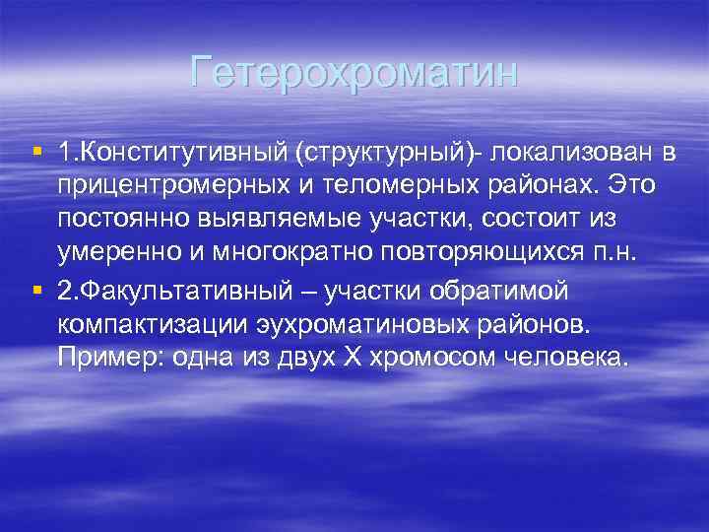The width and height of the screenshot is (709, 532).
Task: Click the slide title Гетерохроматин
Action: tap(354, 73)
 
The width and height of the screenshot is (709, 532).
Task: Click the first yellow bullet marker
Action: tap(36, 153)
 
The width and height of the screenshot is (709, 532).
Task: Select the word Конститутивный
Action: tap(171, 154)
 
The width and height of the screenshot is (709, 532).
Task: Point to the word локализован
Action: tap(570, 154)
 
